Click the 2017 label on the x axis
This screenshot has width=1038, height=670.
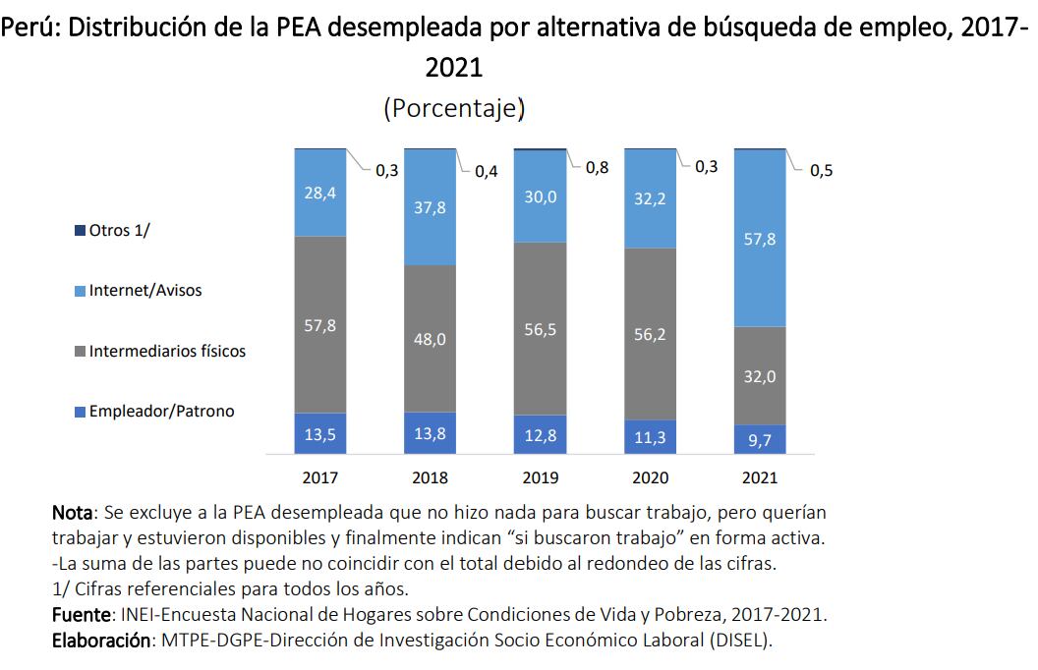(320, 478)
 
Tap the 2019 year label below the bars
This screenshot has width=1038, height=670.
(541, 478)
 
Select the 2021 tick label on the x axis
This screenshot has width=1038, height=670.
(761, 478)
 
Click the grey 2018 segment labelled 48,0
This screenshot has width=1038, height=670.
(431, 338)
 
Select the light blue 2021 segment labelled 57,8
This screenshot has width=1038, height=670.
(761, 238)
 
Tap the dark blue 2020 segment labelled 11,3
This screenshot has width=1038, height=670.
(651, 437)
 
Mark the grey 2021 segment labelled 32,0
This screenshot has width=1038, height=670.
(761, 376)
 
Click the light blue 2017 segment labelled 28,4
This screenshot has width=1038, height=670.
(320, 193)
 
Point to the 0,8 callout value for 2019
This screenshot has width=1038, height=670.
(597, 168)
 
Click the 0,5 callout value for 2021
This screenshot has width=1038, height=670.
(821, 171)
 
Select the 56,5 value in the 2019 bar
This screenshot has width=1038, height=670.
(541, 329)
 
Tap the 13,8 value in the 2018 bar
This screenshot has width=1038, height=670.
(431, 433)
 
